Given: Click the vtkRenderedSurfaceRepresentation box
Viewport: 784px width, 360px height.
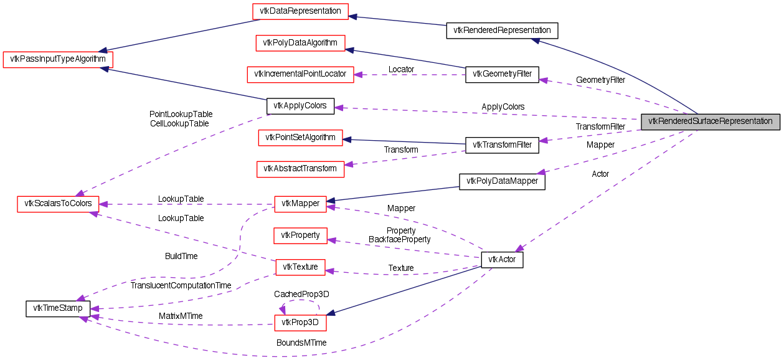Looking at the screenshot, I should (711, 121).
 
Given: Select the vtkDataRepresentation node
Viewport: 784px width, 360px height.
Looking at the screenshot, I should (300, 11).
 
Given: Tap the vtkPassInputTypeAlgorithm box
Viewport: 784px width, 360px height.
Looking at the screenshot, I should (58, 59).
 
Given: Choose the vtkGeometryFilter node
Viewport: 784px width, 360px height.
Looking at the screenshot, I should (502, 74).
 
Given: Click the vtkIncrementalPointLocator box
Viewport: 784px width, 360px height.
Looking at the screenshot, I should (300, 74).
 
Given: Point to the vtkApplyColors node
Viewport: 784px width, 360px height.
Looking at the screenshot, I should (300, 106).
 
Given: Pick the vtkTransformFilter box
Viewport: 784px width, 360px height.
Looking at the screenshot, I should (502, 145).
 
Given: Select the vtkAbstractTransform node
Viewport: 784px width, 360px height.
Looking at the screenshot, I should (300, 168).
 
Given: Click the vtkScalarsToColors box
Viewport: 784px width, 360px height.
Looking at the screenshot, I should (57, 204).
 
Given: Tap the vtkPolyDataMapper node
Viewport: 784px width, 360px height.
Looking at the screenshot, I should (502, 181).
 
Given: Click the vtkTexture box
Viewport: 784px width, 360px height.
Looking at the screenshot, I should (300, 267).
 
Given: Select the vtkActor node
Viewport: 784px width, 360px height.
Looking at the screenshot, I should (502, 260).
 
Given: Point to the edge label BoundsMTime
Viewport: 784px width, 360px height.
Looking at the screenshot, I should (302, 343).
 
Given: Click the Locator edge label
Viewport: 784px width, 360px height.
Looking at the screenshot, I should (401, 69).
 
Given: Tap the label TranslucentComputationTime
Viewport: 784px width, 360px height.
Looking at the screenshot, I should (181, 285).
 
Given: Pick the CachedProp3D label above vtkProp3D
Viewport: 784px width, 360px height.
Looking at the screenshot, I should (301, 293).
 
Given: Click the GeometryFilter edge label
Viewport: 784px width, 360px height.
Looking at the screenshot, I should (600, 80).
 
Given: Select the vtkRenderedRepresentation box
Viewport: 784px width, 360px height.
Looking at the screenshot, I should (502, 30).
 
